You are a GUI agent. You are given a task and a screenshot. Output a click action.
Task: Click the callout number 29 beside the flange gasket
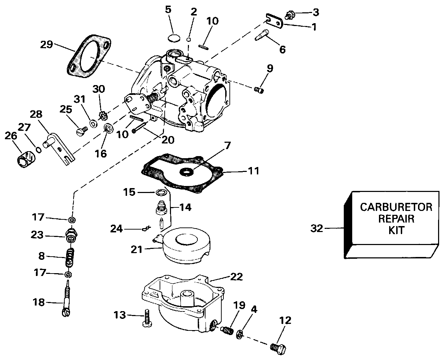tap(46, 45)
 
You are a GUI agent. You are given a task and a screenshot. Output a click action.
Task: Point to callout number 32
tap(317, 229)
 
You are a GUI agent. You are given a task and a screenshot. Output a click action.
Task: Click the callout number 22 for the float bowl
tap(236, 277)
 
